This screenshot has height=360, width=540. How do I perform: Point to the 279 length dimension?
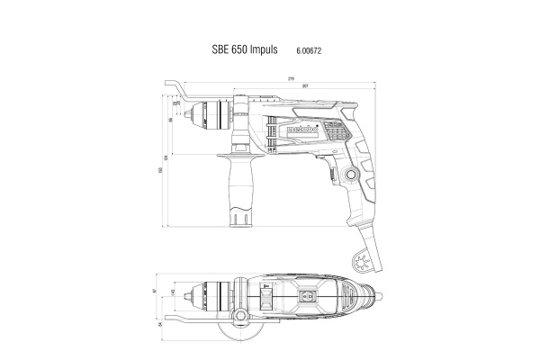292,80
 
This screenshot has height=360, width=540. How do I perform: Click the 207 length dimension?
307,87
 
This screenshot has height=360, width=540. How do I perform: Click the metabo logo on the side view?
285,130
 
